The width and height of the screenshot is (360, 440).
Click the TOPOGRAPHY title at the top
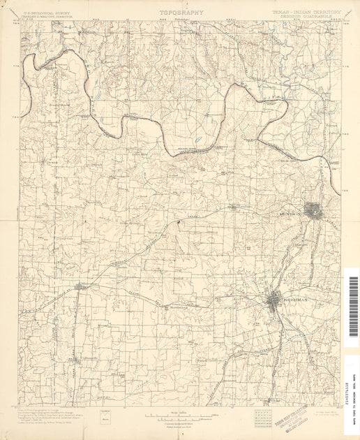[181, 12]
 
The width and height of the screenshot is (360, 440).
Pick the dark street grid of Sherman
[273, 299]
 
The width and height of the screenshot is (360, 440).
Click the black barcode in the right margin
[352, 298]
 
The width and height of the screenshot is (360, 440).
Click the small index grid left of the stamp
[264, 417]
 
